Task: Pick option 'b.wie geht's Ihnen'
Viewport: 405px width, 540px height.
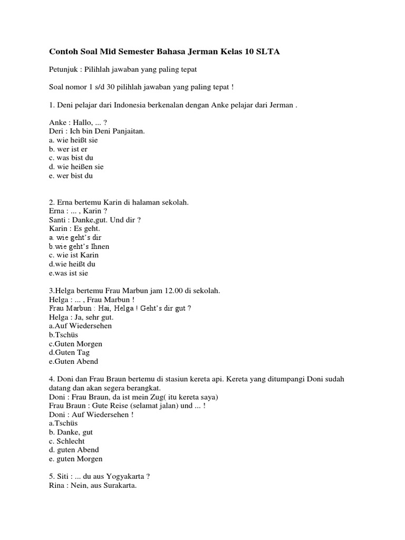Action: click(x=79, y=246)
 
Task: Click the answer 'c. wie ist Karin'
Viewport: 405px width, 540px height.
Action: click(x=73, y=255)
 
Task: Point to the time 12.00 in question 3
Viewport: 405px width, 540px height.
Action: click(x=161, y=291)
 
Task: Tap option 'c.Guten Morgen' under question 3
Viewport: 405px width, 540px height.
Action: click(x=75, y=344)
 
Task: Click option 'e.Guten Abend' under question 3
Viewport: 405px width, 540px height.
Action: click(x=73, y=362)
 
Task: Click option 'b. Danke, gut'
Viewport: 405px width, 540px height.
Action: click(x=71, y=432)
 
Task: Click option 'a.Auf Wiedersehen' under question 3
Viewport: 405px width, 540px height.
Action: click(x=80, y=326)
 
